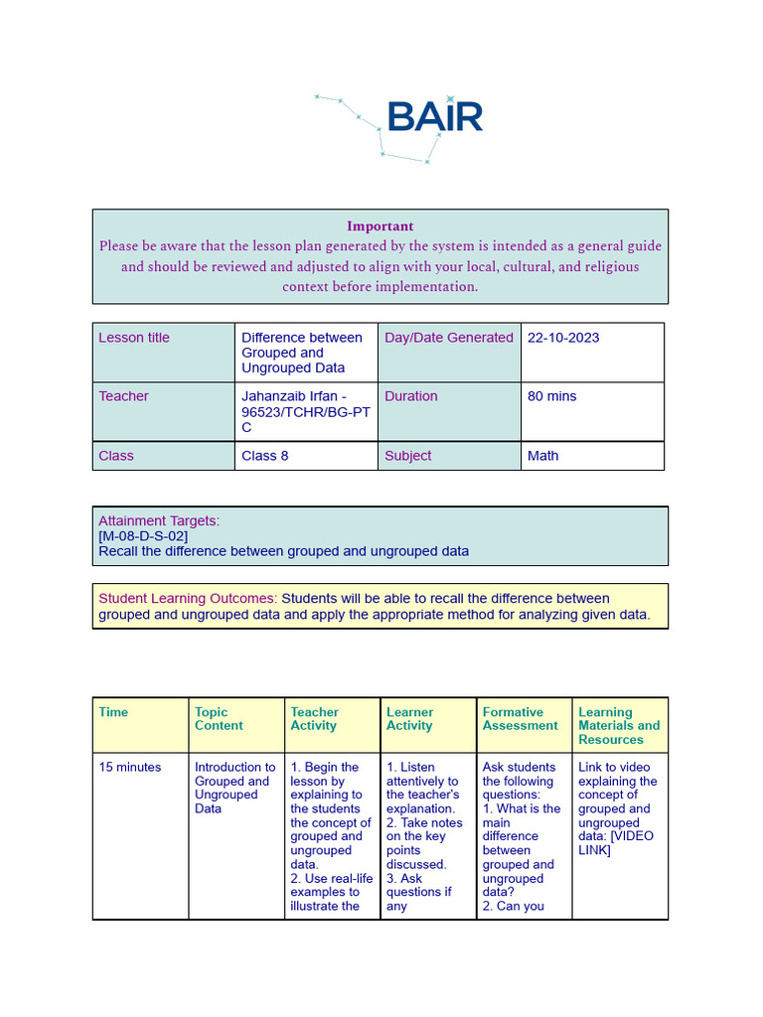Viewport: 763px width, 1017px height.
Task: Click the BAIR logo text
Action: (x=434, y=116)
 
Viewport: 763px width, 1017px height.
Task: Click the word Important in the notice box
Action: (x=380, y=225)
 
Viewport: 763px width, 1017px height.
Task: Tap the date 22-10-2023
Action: (x=563, y=338)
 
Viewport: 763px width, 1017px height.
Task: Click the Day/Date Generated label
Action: (x=448, y=338)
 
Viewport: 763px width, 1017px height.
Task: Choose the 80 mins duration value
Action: (x=551, y=396)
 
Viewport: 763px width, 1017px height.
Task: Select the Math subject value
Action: (x=542, y=456)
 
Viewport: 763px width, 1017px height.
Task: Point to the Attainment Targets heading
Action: (x=159, y=520)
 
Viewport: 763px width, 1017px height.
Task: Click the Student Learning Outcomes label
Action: (x=188, y=599)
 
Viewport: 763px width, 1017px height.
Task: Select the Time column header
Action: (x=113, y=712)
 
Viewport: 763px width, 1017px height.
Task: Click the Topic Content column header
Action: (x=219, y=719)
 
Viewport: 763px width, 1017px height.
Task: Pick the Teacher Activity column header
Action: (x=314, y=719)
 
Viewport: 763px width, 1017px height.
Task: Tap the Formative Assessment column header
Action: (x=520, y=719)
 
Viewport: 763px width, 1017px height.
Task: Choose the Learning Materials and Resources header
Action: (x=618, y=726)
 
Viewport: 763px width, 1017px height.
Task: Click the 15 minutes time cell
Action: (x=129, y=767)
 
